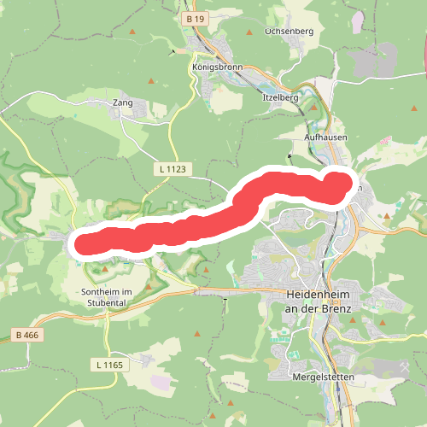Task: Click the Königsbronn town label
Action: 218,67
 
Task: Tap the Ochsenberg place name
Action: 290,31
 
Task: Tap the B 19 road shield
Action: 195,17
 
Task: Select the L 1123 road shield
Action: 173,169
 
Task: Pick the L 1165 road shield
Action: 109,365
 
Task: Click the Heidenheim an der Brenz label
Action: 319,301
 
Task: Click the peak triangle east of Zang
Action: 152,82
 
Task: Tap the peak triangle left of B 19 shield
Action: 134,32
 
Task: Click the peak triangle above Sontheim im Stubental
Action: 106,269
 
